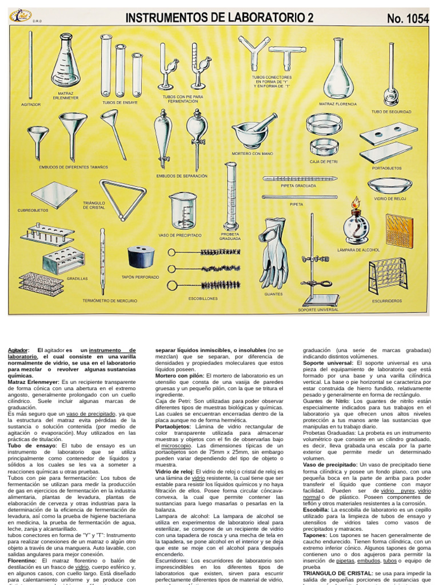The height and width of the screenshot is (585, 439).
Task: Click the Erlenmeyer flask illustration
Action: point(66,64)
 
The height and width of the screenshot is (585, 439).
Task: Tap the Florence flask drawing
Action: point(338,74)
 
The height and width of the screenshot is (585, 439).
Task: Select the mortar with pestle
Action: point(252,134)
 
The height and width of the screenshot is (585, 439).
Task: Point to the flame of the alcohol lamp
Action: point(356,202)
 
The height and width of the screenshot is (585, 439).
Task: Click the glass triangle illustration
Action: point(122,199)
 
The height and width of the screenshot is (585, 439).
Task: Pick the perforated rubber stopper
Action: point(141,257)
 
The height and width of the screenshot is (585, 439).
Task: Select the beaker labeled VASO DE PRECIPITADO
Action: point(183,211)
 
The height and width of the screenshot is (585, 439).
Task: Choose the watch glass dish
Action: point(390,185)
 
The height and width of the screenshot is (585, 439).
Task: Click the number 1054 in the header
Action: point(408,18)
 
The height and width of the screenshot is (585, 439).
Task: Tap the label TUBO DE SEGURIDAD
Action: point(391,112)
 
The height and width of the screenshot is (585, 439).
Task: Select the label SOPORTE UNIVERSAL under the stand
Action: point(318,310)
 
